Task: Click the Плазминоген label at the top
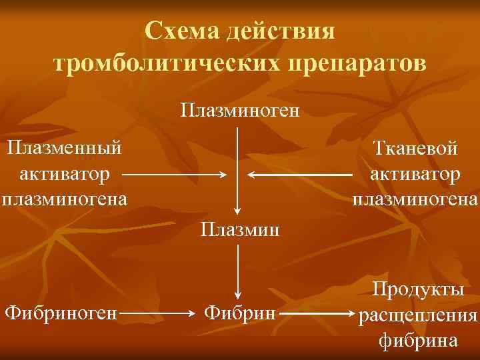click(x=239, y=109)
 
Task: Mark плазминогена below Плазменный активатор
click(x=64, y=199)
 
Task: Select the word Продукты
click(x=419, y=289)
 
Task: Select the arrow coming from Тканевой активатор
click(x=300, y=175)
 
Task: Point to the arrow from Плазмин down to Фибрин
click(x=238, y=270)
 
